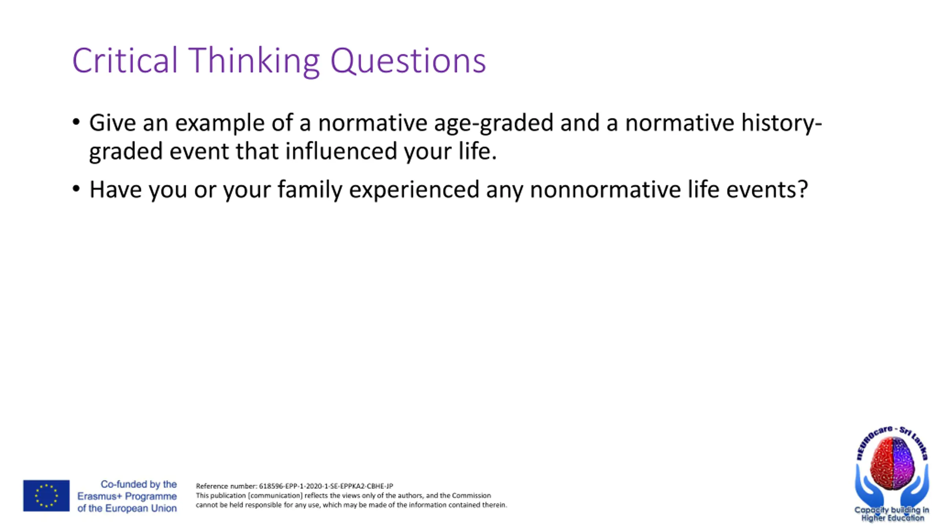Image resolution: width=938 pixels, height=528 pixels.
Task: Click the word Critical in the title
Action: coord(125,60)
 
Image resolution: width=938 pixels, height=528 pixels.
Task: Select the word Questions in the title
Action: coord(408,61)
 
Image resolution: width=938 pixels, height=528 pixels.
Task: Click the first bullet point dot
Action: coord(76,122)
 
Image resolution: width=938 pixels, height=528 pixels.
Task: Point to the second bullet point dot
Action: coord(76,189)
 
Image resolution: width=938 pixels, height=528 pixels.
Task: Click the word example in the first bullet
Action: coord(219,123)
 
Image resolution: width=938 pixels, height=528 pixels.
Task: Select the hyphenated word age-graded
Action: coord(494,123)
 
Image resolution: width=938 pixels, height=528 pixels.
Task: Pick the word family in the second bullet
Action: coord(310,190)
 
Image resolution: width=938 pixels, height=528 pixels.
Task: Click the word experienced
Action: coord(414,190)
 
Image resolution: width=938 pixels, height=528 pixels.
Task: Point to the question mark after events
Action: coord(803,189)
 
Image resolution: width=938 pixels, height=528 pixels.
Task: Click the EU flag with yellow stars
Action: coord(47,496)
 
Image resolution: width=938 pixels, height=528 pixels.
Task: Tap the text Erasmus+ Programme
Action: coord(127,496)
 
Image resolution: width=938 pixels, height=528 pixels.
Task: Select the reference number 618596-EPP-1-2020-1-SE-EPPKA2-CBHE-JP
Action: coord(326,486)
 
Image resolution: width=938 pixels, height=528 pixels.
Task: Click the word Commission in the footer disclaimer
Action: coord(471,495)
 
